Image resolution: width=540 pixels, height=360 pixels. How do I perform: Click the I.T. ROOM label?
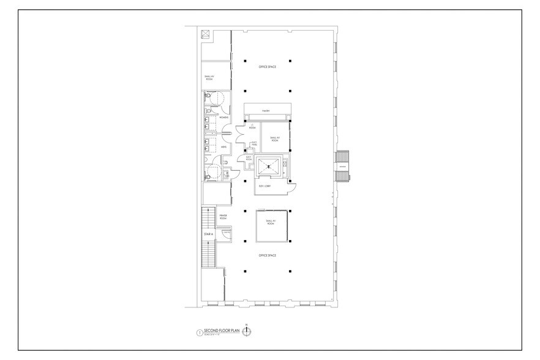tap(251, 127)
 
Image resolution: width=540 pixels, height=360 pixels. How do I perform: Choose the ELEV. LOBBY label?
tap(265, 185)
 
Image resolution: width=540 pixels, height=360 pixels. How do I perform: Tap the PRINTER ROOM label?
tap(223, 217)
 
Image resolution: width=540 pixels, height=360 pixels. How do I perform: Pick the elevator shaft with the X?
tap(268, 165)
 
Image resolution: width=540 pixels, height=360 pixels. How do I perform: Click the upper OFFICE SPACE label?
tap(268, 66)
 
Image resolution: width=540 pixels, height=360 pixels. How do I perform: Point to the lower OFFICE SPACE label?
tap(268, 255)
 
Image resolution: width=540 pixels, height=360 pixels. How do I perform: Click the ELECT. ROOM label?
tap(249, 158)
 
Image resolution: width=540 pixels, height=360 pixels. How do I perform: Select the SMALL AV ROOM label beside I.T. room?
tap(274, 139)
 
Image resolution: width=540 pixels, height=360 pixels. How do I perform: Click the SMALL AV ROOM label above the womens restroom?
tap(208, 78)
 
